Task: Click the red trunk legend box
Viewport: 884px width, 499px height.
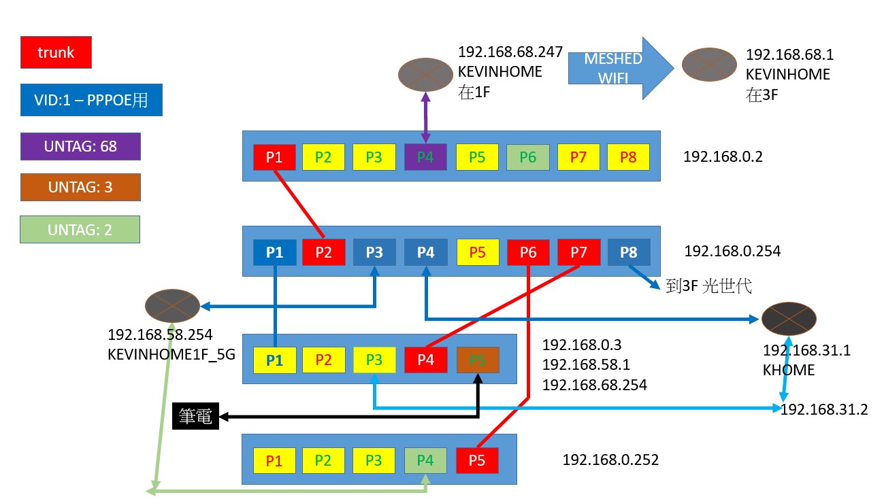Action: point(56,52)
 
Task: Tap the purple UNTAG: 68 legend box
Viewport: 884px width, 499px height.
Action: point(80,146)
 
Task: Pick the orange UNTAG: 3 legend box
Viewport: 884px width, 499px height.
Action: point(80,187)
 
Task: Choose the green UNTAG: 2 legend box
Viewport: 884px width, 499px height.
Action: point(80,230)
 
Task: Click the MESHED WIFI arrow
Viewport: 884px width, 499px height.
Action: point(619,68)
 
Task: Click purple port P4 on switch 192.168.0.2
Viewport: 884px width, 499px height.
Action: point(425,157)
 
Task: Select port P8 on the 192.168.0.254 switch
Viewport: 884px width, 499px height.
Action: point(628,252)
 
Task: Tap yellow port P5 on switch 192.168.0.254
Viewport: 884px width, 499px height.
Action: point(477,252)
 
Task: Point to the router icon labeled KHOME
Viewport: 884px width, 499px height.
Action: point(788,317)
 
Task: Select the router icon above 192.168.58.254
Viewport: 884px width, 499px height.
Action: point(172,306)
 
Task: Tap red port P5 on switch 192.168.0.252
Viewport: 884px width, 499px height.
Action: point(477,460)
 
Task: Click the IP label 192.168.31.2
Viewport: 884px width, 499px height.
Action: point(823,409)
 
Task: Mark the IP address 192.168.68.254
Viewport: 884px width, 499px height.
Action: point(593,385)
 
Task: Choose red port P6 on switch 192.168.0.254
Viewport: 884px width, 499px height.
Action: point(527,252)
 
